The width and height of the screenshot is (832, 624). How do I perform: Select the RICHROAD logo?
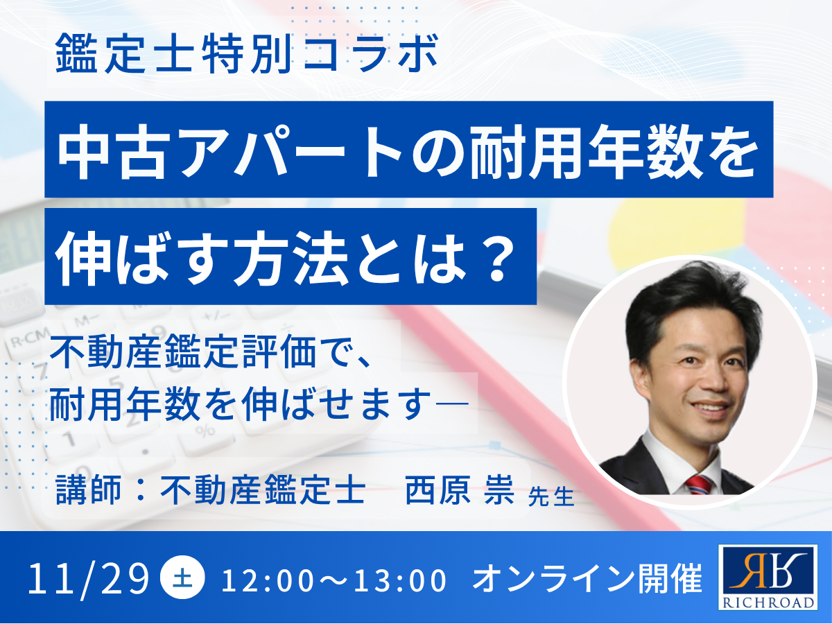[x=768, y=577]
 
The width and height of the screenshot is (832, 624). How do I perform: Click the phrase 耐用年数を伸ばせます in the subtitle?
[x=236, y=406]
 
